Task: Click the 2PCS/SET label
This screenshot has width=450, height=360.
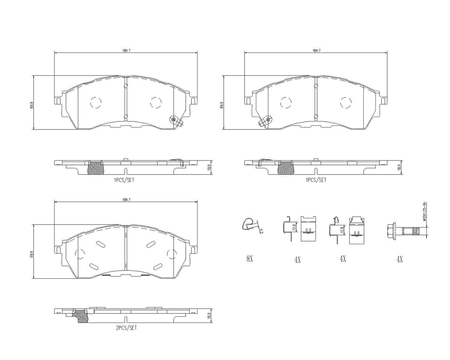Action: click(x=126, y=328)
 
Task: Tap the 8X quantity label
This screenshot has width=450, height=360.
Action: click(x=250, y=259)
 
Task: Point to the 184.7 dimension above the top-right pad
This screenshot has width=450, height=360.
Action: click(x=316, y=50)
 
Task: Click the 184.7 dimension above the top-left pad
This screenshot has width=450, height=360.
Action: click(x=126, y=50)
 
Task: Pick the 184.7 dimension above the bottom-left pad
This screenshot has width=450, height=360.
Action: click(x=126, y=200)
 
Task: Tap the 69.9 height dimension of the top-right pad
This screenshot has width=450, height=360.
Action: click(x=222, y=106)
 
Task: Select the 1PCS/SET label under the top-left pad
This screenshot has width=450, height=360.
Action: click(x=124, y=180)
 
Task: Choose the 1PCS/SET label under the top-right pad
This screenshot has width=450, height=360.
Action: click(x=316, y=180)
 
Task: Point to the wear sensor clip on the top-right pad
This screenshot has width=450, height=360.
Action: click(x=265, y=121)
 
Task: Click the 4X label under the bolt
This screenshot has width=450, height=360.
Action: click(x=399, y=259)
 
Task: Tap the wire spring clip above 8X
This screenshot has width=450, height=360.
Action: click(x=249, y=224)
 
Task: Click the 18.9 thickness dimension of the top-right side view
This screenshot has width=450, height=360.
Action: click(x=400, y=167)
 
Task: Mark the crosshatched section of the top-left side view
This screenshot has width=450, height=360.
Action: click(x=96, y=168)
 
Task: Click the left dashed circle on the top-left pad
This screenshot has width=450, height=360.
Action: click(x=95, y=102)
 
